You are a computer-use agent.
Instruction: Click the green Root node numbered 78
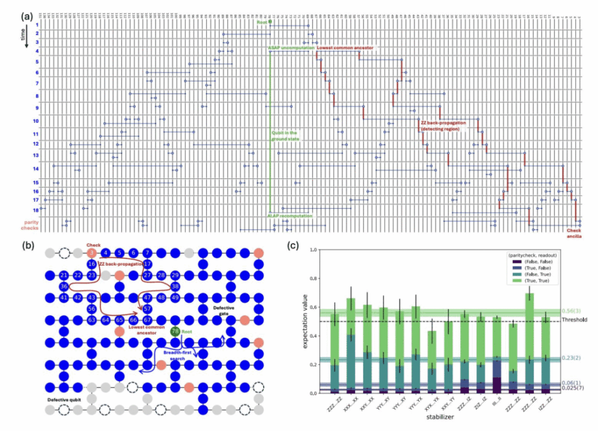(174, 331)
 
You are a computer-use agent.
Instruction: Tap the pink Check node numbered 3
(92, 253)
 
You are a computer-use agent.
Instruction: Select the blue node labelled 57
(147, 308)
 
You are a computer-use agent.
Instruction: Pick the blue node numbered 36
(64, 286)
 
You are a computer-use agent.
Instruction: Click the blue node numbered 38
(175, 286)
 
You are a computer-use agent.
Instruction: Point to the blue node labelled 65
(119, 320)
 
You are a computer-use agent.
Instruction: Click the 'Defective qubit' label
(66, 399)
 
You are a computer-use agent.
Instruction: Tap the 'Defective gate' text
(222, 310)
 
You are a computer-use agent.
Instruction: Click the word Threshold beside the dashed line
(574, 320)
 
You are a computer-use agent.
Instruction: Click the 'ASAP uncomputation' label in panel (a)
(289, 48)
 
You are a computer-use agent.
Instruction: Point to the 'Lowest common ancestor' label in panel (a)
(344, 48)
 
